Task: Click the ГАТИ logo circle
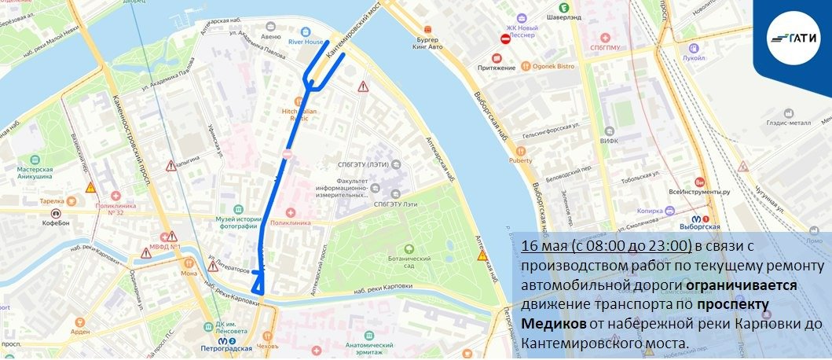click(x=794, y=38)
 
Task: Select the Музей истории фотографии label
click(x=236, y=222)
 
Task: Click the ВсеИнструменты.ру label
click(x=699, y=191)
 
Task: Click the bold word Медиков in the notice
click(x=552, y=324)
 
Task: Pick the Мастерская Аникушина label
click(x=35, y=172)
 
